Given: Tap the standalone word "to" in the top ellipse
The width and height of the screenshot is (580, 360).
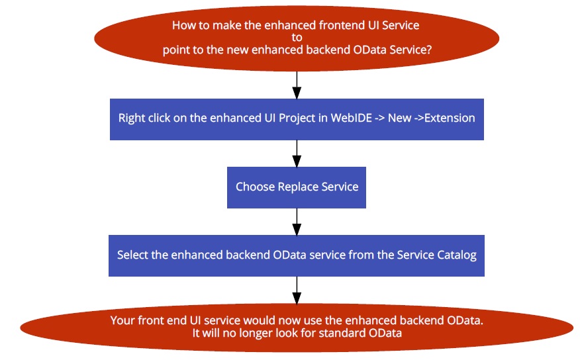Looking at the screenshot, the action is point(297,37).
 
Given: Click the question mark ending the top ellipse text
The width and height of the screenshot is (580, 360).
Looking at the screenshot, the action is point(429,50).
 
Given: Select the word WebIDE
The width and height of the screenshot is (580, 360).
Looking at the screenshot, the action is point(352,118).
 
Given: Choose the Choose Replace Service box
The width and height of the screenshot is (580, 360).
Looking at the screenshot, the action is point(297,187).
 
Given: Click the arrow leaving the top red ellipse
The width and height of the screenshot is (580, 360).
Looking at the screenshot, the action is point(297,85).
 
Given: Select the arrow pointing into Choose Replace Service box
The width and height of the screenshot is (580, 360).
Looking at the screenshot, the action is point(297,154).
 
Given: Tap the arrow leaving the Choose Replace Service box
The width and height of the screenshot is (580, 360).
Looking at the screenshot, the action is point(297,222).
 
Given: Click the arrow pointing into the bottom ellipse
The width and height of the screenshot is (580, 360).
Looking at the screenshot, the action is point(297,290).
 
